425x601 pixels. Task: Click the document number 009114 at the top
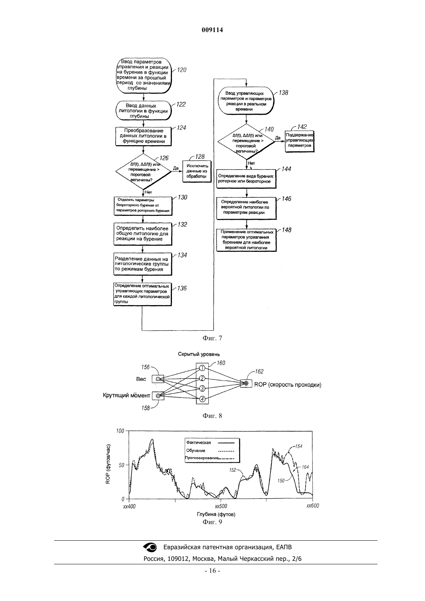[x=212, y=30]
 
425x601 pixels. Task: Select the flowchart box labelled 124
[x=144, y=136]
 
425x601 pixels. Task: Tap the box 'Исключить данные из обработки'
[x=197, y=171]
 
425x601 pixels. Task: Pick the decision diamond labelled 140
[x=246, y=142]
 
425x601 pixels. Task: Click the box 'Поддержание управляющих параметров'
[x=299, y=142]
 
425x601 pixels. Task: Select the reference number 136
[x=182, y=288]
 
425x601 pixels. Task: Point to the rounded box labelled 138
[x=246, y=101]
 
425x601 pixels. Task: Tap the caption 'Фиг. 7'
[x=212, y=338]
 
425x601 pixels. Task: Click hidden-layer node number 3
[x=202, y=388]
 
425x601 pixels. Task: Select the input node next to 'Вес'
[x=158, y=379]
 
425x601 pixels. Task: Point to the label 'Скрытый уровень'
[x=199, y=354]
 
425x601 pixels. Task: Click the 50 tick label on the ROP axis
[x=121, y=465]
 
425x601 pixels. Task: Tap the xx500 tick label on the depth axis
[x=221, y=506]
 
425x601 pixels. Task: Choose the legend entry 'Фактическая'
[x=199, y=442]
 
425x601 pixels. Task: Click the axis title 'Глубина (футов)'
[x=216, y=514]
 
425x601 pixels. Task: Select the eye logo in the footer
[x=150, y=547]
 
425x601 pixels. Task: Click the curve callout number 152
[x=233, y=470]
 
